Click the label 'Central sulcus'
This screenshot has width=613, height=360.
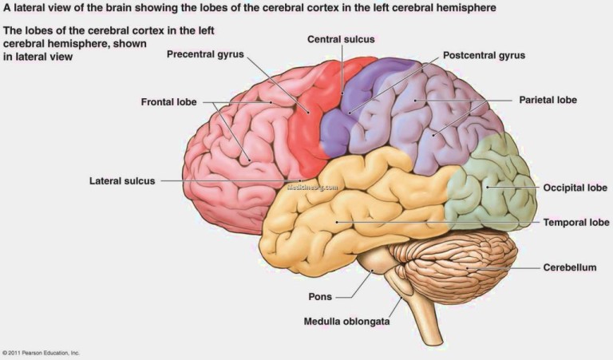coord(341,39)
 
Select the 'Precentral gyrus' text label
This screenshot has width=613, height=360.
coord(205,54)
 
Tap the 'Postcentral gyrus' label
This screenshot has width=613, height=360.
coord(484,56)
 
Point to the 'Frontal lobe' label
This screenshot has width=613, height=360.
coord(169,102)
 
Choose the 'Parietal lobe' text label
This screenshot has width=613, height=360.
coord(548,100)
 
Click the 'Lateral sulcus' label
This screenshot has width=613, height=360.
coord(122,181)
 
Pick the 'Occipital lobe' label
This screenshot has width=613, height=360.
coord(575,188)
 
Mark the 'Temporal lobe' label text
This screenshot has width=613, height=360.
coord(576,223)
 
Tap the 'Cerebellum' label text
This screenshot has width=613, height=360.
coord(570,267)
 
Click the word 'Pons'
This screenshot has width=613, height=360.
coord(320,297)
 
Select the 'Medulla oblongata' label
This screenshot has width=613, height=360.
coord(346,322)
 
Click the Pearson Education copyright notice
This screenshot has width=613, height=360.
coord(41,353)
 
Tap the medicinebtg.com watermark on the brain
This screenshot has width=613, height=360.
coord(312,188)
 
